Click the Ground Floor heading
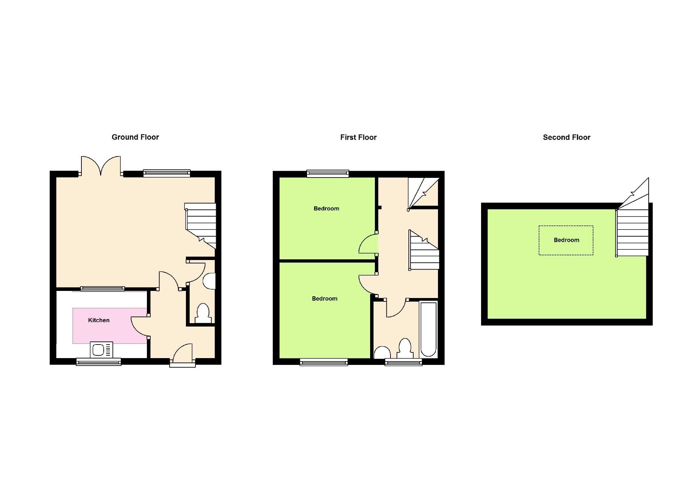click(x=135, y=137)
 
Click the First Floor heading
click(x=358, y=137)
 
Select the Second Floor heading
click(x=566, y=137)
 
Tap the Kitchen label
click(x=99, y=320)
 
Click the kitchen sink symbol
click(x=101, y=350)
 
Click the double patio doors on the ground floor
click(x=101, y=166)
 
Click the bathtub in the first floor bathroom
click(x=428, y=329)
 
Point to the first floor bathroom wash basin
click(x=382, y=353)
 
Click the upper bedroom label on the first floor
click(x=326, y=208)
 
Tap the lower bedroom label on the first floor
click(x=324, y=299)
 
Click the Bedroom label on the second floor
click(x=566, y=240)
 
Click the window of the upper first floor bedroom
click(x=327, y=173)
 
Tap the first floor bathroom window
click(x=403, y=362)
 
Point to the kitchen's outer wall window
click(x=98, y=362)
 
